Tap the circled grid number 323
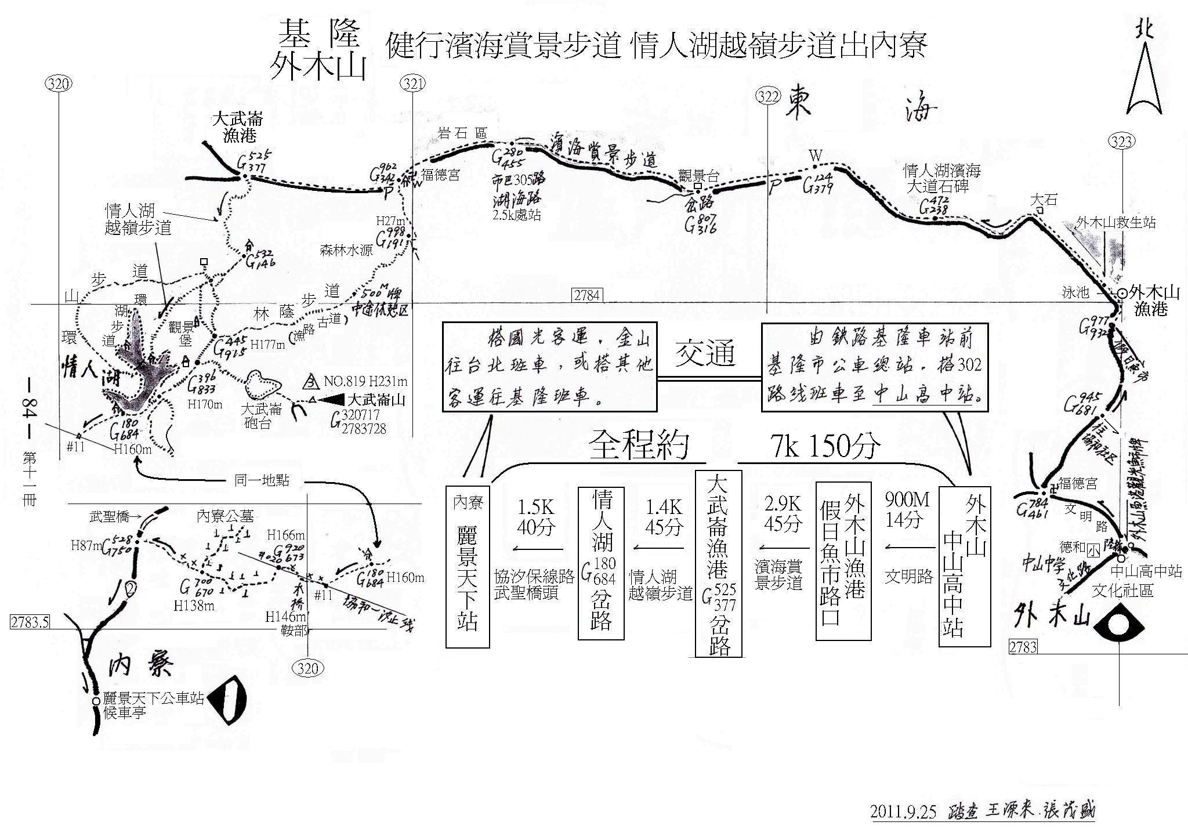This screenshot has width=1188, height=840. [x=1122, y=142]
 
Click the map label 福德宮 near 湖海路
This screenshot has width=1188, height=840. [x=441, y=175]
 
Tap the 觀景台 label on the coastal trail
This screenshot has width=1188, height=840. [x=698, y=176]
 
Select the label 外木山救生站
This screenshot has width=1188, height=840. [x=1115, y=222]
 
